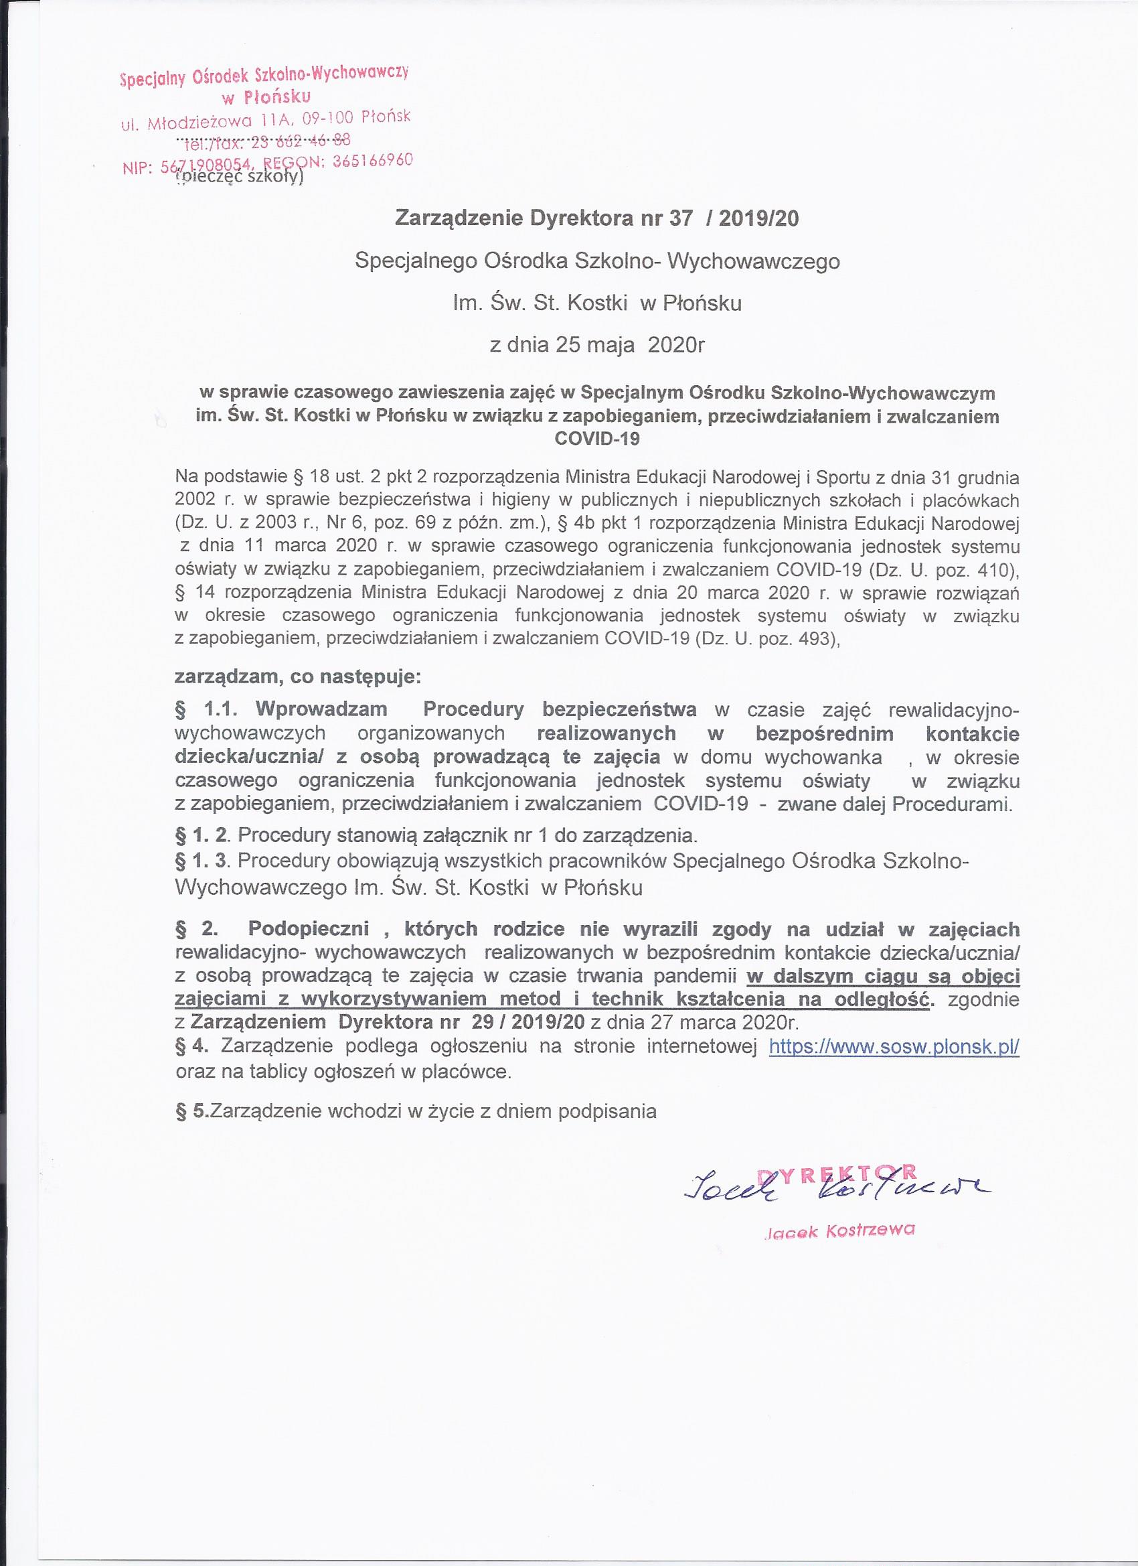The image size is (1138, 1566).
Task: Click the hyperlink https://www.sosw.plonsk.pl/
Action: click(x=894, y=1046)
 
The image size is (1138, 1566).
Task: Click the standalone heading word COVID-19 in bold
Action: click(x=598, y=439)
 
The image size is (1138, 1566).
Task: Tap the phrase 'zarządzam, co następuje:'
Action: click(x=298, y=676)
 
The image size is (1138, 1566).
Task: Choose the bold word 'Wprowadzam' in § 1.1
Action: click(x=321, y=709)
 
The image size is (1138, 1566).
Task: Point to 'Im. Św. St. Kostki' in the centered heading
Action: click(x=542, y=304)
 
